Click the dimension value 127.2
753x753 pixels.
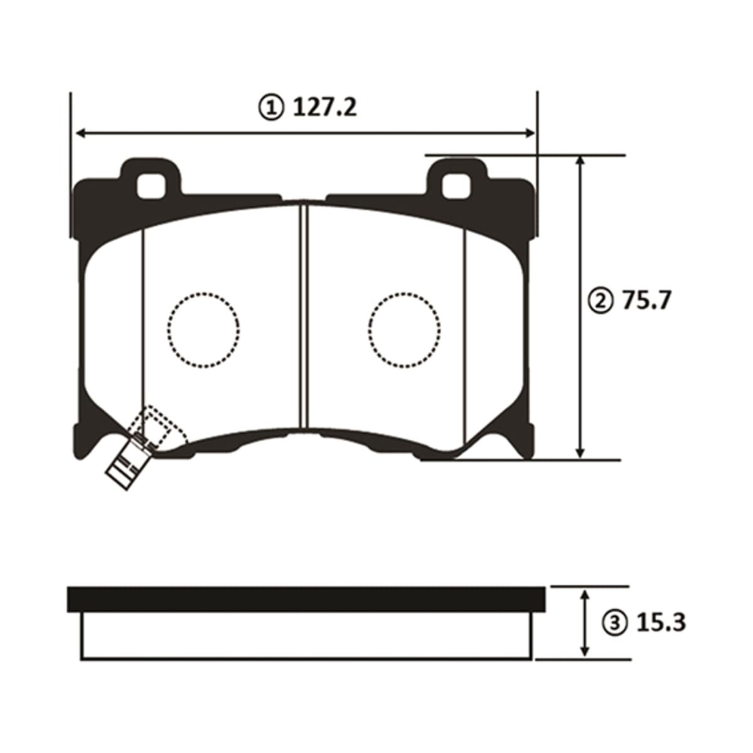(324, 107)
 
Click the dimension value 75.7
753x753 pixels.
(647, 301)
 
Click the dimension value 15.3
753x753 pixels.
(661, 623)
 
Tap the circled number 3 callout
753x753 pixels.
(616, 624)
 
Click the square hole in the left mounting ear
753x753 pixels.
(151, 186)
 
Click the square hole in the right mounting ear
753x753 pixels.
(456, 186)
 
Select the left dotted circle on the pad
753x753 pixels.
(203, 330)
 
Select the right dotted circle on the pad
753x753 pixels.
(405, 330)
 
